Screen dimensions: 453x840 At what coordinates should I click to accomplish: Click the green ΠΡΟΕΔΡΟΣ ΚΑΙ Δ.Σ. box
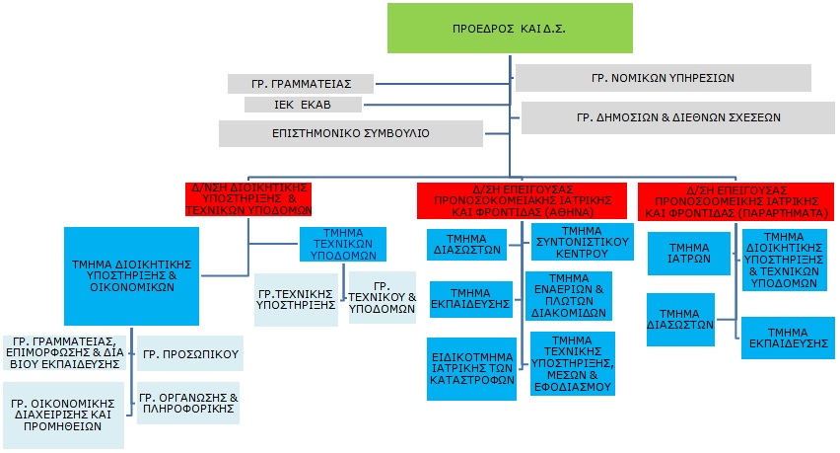click(x=509, y=28)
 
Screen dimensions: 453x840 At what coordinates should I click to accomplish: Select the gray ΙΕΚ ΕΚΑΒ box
click(x=304, y=105)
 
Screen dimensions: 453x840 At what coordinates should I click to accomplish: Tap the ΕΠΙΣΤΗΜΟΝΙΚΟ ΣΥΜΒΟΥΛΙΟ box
click(x=351, y=132)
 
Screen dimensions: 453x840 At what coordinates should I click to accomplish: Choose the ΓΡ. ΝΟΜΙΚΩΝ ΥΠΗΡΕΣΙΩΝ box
click(x=663, y=77)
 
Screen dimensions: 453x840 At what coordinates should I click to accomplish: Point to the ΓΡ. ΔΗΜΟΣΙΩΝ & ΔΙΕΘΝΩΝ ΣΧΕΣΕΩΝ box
click(x=678, y=116)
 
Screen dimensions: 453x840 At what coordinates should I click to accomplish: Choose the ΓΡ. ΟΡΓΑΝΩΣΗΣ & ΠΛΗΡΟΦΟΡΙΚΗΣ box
click(x=187, y=404)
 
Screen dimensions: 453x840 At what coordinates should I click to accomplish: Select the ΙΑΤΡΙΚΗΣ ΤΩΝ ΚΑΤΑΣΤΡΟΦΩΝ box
click(x=469, y=368)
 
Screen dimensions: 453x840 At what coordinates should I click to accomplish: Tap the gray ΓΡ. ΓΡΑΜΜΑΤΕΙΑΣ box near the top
click(x=301, y=83)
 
